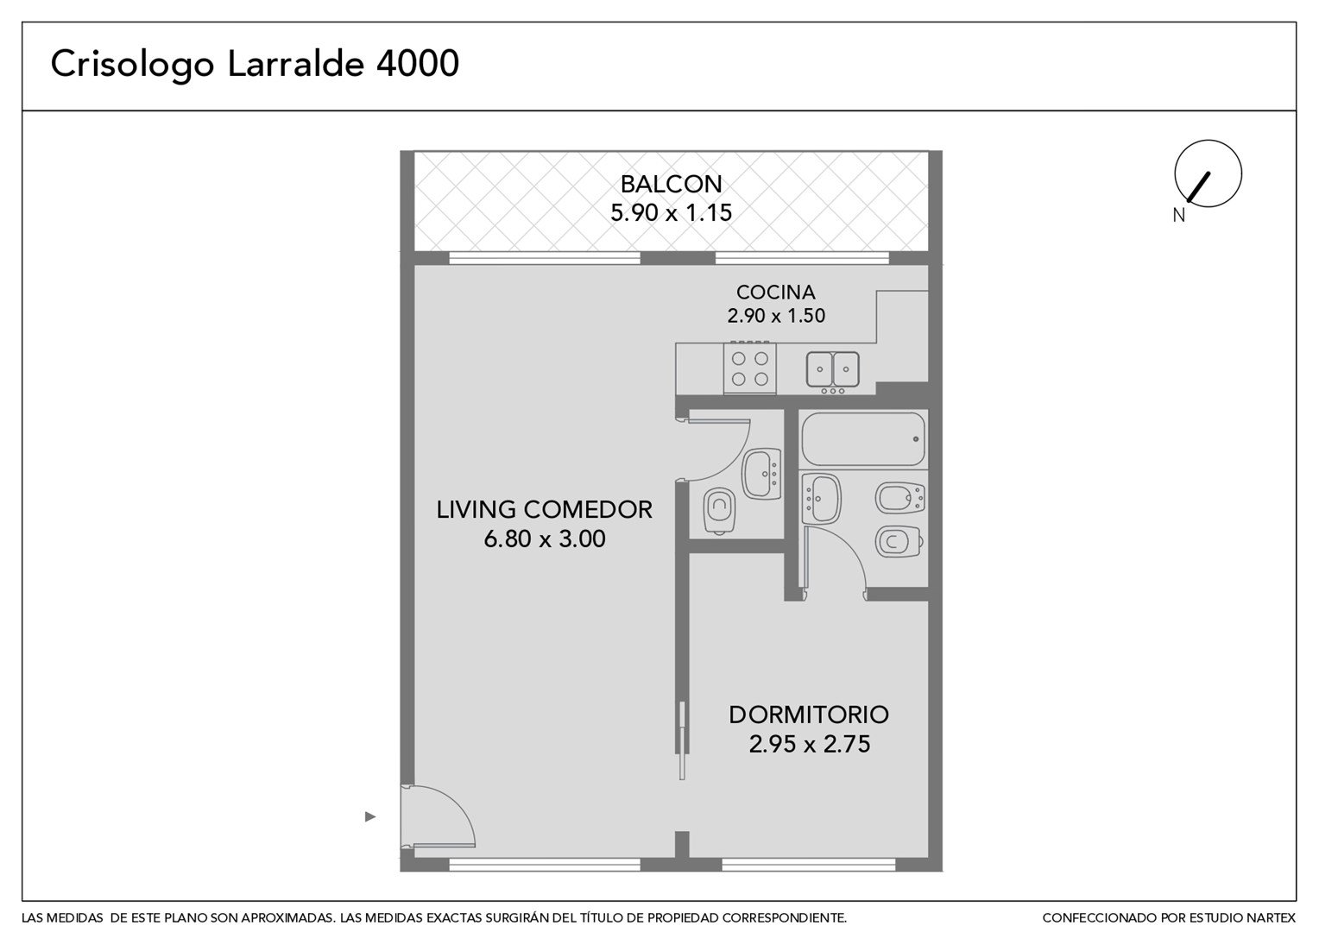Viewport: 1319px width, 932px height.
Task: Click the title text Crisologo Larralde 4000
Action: (x=255, y=65)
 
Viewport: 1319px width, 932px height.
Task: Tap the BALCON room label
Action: (x=671, y=185)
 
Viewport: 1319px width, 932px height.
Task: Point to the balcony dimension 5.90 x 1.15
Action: (x=671, y=212)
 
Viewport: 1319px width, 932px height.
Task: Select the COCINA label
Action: (x=775, y=292)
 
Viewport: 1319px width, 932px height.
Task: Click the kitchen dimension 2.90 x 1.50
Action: (x=775, y=316)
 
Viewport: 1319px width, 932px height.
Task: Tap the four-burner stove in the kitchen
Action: (x=749, y=368)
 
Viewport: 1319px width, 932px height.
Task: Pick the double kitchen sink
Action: (x=832, y=371)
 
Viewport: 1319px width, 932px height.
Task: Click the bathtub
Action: (x=862, y=439)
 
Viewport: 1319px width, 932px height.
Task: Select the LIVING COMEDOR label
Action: (x=544, y=510)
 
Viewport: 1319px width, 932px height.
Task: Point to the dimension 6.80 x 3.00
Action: (x=544, y=538)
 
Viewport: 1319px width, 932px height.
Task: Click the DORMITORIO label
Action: (x=809, y=715)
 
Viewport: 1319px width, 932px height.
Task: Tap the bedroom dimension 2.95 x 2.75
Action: (x=809, y=744)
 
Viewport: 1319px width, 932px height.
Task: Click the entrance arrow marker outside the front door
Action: (x=370, y=816)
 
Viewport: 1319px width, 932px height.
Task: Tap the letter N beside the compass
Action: (x=1178, y=216)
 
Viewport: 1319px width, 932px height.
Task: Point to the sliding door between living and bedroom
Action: (x=682, y=740)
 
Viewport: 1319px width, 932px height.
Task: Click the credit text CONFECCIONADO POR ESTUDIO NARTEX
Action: (x=1169, y=918)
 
